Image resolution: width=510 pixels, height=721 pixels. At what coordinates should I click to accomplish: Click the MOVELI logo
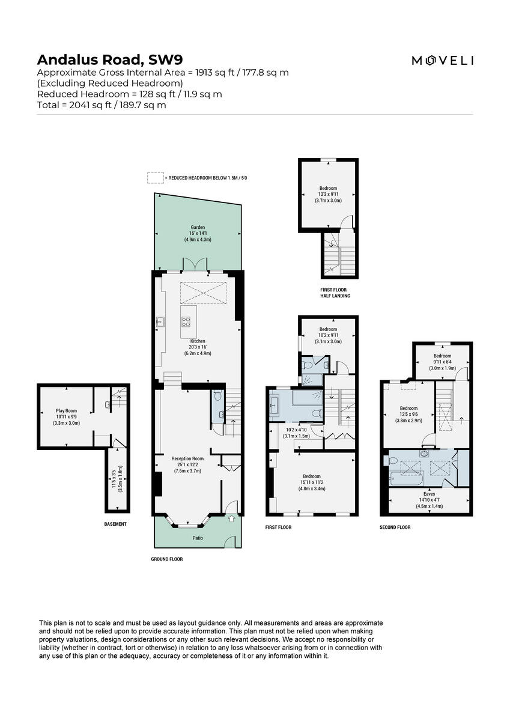(x=442, y=60)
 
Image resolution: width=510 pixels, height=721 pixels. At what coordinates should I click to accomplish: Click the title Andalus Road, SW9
(x=110, y=59)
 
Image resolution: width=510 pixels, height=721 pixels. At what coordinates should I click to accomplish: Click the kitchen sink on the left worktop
(x=160, y=321)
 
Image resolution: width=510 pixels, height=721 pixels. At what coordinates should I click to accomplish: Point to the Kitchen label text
(x=198, y=341)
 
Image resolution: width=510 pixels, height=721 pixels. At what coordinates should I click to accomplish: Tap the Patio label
(x=198, y=538)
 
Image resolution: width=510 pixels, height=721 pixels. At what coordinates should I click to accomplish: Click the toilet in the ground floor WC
(x=217, y=396)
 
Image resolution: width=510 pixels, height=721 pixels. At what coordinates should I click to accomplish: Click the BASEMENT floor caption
(x=115, y=524)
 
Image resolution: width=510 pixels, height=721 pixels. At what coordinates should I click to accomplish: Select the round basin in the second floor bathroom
(x=425, y=454)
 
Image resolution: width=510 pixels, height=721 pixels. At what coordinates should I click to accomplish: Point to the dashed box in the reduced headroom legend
(x=156, y=178)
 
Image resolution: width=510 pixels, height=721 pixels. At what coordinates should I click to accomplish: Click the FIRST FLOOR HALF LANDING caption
(x=335, y=293)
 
